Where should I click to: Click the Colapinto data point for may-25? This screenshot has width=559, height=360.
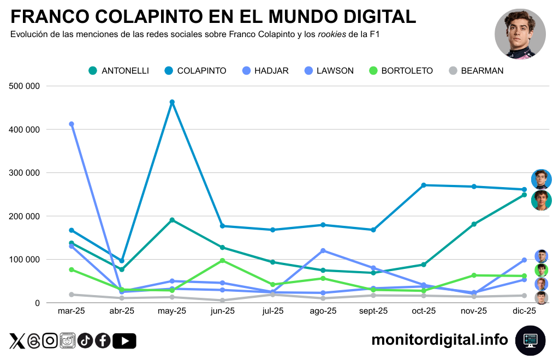(172, 102)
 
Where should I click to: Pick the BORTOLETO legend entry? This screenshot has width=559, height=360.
(401, 71)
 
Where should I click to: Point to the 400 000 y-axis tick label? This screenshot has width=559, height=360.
(25, 130)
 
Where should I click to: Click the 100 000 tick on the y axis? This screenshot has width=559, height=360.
(25, 260)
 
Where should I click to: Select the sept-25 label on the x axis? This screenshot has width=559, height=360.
(373, 311)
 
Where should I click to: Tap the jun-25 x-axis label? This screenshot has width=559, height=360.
(222, 311)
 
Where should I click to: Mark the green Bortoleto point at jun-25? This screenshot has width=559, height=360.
(222, 261)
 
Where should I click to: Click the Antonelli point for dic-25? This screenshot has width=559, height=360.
(524, 195)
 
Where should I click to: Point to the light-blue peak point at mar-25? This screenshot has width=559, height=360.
(72, 124)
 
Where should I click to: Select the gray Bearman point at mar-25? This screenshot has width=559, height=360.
(72, 295)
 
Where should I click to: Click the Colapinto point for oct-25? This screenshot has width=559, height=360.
(424, 185)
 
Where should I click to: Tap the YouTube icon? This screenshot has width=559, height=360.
(124, 341)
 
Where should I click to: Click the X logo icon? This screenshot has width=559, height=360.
(17, 341)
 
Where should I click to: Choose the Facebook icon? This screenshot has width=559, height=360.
(103, 341)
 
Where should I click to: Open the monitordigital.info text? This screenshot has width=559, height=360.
(439, 340)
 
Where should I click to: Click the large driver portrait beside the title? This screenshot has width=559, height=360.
(520, 34)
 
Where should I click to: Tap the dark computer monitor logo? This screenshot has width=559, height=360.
(531, 340)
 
